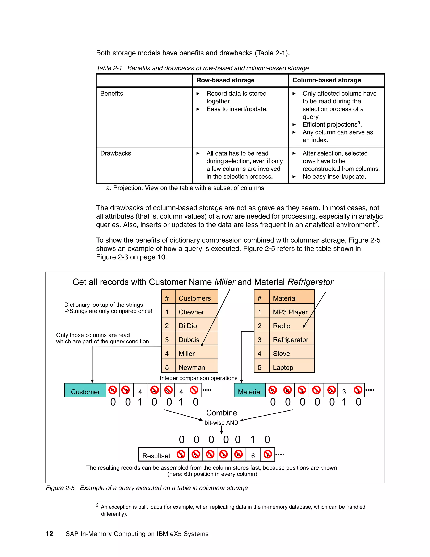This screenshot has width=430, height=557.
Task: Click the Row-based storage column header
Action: click(x=225, y=80)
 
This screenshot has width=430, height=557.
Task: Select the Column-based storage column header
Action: click(x=326, y=80)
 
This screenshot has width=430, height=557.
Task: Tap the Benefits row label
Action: click(x=111, y=94)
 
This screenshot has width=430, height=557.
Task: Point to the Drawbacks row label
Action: click(x=116, y=153)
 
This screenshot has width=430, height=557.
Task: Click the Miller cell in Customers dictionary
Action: click(x=187, y=354)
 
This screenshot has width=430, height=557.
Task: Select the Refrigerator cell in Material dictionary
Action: click(x=290, y=340)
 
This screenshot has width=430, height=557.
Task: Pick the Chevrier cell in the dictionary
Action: click(x=191, y=312)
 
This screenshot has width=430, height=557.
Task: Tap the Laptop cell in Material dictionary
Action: click(x=283, y=367)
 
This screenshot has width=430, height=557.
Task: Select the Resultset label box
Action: click(x=156, y=456)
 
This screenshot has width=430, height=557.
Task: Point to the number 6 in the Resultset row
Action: click(x=253, y=456)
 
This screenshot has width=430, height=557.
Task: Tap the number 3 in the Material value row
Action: click(x=344, y=392)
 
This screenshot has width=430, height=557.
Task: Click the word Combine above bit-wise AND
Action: click(x=221, y=413)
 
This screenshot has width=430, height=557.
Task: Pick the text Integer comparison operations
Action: click(x=198, y=378)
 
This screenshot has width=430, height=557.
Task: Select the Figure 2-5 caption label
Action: click(x=60, y=488)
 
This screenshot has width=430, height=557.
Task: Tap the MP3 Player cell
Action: click(x=290, y=312)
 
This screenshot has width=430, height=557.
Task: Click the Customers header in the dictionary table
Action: click(x=195, y=298)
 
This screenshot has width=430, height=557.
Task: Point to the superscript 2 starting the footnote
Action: click(x=97, y=505)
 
